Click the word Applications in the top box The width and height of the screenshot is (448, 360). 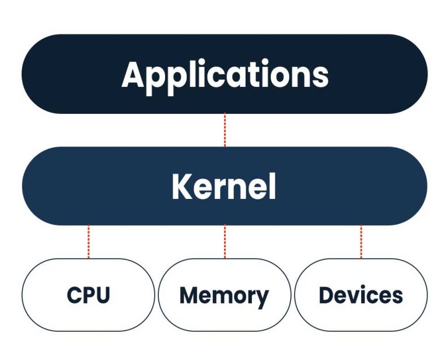(225, 75)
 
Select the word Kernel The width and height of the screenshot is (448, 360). (224, 187)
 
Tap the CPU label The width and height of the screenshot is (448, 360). (88, 295)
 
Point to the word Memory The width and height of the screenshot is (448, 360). (224, 295)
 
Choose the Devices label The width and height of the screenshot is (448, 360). (360, 295)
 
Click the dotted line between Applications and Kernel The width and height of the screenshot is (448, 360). (225, 130)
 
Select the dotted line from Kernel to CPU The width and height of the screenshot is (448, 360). (89, 242)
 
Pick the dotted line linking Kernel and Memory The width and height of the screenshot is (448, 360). (225, 242)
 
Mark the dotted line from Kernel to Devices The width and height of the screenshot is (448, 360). (360, 242)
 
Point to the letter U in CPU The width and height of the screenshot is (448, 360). (103, 295)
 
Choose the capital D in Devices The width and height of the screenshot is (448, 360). (326, 295)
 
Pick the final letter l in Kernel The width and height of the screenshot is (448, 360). (272, 186)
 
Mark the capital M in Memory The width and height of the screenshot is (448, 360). (190, 295)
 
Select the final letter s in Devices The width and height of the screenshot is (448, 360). (397, 296)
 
